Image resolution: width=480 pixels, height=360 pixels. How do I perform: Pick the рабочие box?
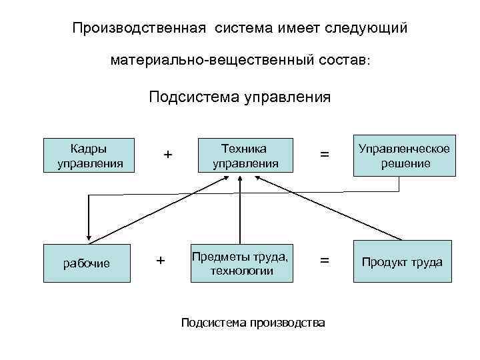pos(87,263)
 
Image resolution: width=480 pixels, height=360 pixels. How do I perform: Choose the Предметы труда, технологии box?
pos(241,263)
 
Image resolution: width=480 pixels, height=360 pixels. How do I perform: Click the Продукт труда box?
pos(402,262)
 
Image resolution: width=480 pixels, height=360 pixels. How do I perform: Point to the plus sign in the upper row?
pos(168,155)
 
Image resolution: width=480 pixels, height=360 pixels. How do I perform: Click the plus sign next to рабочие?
pos(161,261)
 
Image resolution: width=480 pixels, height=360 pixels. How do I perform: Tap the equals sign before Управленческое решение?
pos(325,155)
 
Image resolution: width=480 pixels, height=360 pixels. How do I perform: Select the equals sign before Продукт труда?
pos(325,261)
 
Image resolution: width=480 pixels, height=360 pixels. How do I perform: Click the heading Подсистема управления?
pos(240,98)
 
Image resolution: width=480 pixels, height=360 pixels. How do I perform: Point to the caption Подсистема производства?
pos(253,323)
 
